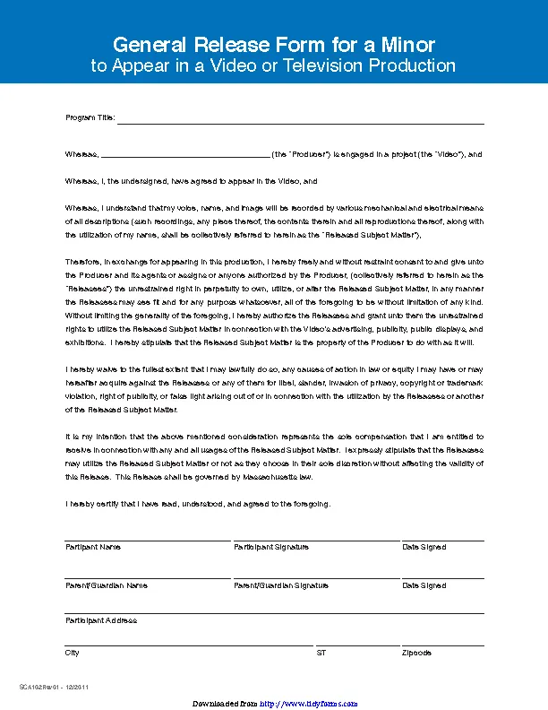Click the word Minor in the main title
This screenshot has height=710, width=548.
coord(405,45)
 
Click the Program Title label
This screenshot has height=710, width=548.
coord(90,119)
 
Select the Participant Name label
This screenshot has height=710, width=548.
coord(93,547)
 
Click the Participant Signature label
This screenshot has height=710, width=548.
coord(271,547)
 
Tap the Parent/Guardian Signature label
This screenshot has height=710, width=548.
coord(281,585)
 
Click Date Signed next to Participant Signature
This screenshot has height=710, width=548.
coord(424,547)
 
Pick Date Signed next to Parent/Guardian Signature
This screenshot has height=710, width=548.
coord(424,585)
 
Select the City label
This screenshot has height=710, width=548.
coord(73,653)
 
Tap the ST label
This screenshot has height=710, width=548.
coord(321,653)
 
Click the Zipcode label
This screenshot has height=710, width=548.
coord(417,653)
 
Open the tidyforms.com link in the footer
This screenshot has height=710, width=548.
coord(309,704)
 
